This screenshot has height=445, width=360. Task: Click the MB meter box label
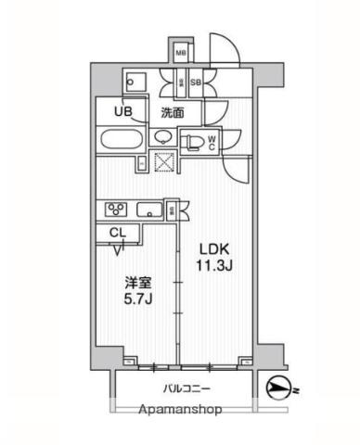(x=181, y=53)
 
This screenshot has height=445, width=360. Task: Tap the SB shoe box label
(x=196, y=83)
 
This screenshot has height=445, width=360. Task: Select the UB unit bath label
(x=123, y=111)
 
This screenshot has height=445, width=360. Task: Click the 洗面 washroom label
(x=173, y=113)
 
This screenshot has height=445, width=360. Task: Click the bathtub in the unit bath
(x=122, y=141)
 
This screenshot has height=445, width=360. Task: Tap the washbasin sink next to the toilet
(x=163, y=137)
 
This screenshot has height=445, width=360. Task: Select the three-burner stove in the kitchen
(x=116, y=210)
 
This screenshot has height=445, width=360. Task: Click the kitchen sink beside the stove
(x=149, y=210)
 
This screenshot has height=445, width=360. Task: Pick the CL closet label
(x=118, y=233)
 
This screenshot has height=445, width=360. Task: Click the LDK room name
(x=213, y=249)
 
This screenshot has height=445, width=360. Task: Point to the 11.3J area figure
(x=214, y=265)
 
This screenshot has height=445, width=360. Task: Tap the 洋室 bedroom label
(x=138, y=283)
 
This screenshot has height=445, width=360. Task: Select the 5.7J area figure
(x=138, y=299)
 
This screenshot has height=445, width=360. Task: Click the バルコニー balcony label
(x=187, y=388)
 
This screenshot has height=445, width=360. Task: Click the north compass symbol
(x=277, y=388)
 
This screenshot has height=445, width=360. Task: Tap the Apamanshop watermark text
(x=180, y=410)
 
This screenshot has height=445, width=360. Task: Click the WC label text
(x=212, y=143)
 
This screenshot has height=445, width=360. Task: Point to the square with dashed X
(x=165, y=161)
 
